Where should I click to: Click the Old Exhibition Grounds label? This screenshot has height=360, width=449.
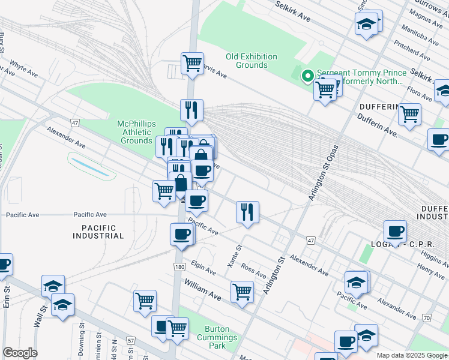pyautogui.click(x=251, y=61)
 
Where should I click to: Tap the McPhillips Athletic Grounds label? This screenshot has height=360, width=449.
pyautogui.click(x=136, y=132)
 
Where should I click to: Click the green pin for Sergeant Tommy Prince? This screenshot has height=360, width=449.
pyautogui.click(x=307, y=76)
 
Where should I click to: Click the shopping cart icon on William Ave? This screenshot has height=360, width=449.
pyautogui.click(x=242, y=292)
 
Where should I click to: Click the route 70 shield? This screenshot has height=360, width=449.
pyautogui.click(x=426, y=317)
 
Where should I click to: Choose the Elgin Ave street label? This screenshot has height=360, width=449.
pyautogui.click(x=203, y=268)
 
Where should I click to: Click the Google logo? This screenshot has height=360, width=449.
pyautogui.click(x=20, y=352)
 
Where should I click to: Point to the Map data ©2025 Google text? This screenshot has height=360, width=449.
pyautogui.click(x=412, y=355)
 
